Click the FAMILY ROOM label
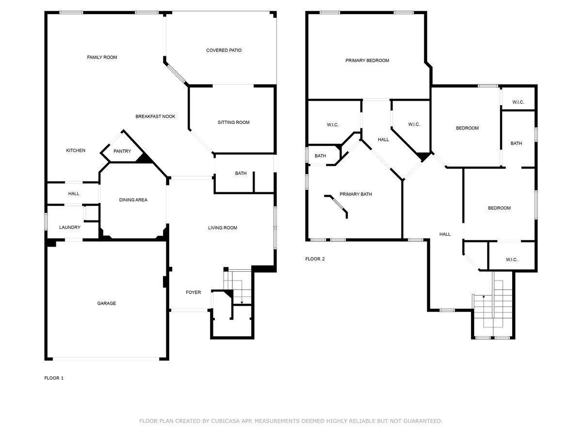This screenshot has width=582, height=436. (x=102, y=58)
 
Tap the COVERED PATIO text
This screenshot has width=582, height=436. (x=224, y=50)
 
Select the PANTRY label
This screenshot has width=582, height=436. (x=122, y=151)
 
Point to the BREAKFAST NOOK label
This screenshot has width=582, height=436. (x=155, y=116)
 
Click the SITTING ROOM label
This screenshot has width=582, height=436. (x=233, y=123)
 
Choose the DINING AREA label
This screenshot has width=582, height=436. (x=133, y=200)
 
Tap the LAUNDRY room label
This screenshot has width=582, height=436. (x=70, y=227)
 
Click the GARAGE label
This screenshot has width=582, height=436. (x=106, y=303)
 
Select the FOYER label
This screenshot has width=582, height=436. (x=194, y=292)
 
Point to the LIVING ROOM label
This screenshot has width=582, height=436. (x=223, y=228)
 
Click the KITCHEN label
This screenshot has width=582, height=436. (x=76, y=151)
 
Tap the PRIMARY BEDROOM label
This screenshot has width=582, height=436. (x=367, y=61)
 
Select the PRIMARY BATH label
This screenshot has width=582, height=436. (x=356, y=194)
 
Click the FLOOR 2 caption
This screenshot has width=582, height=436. (x=315, y=259)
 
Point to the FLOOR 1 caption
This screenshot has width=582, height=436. (x=54, y=378)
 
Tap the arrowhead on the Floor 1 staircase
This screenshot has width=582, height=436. (x=242, y=302)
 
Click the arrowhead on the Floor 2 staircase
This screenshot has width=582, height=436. (x=484, y=296)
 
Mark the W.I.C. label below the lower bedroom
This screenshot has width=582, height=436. (x=512, y=260)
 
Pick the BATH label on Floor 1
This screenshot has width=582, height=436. (x=241, y=173)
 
